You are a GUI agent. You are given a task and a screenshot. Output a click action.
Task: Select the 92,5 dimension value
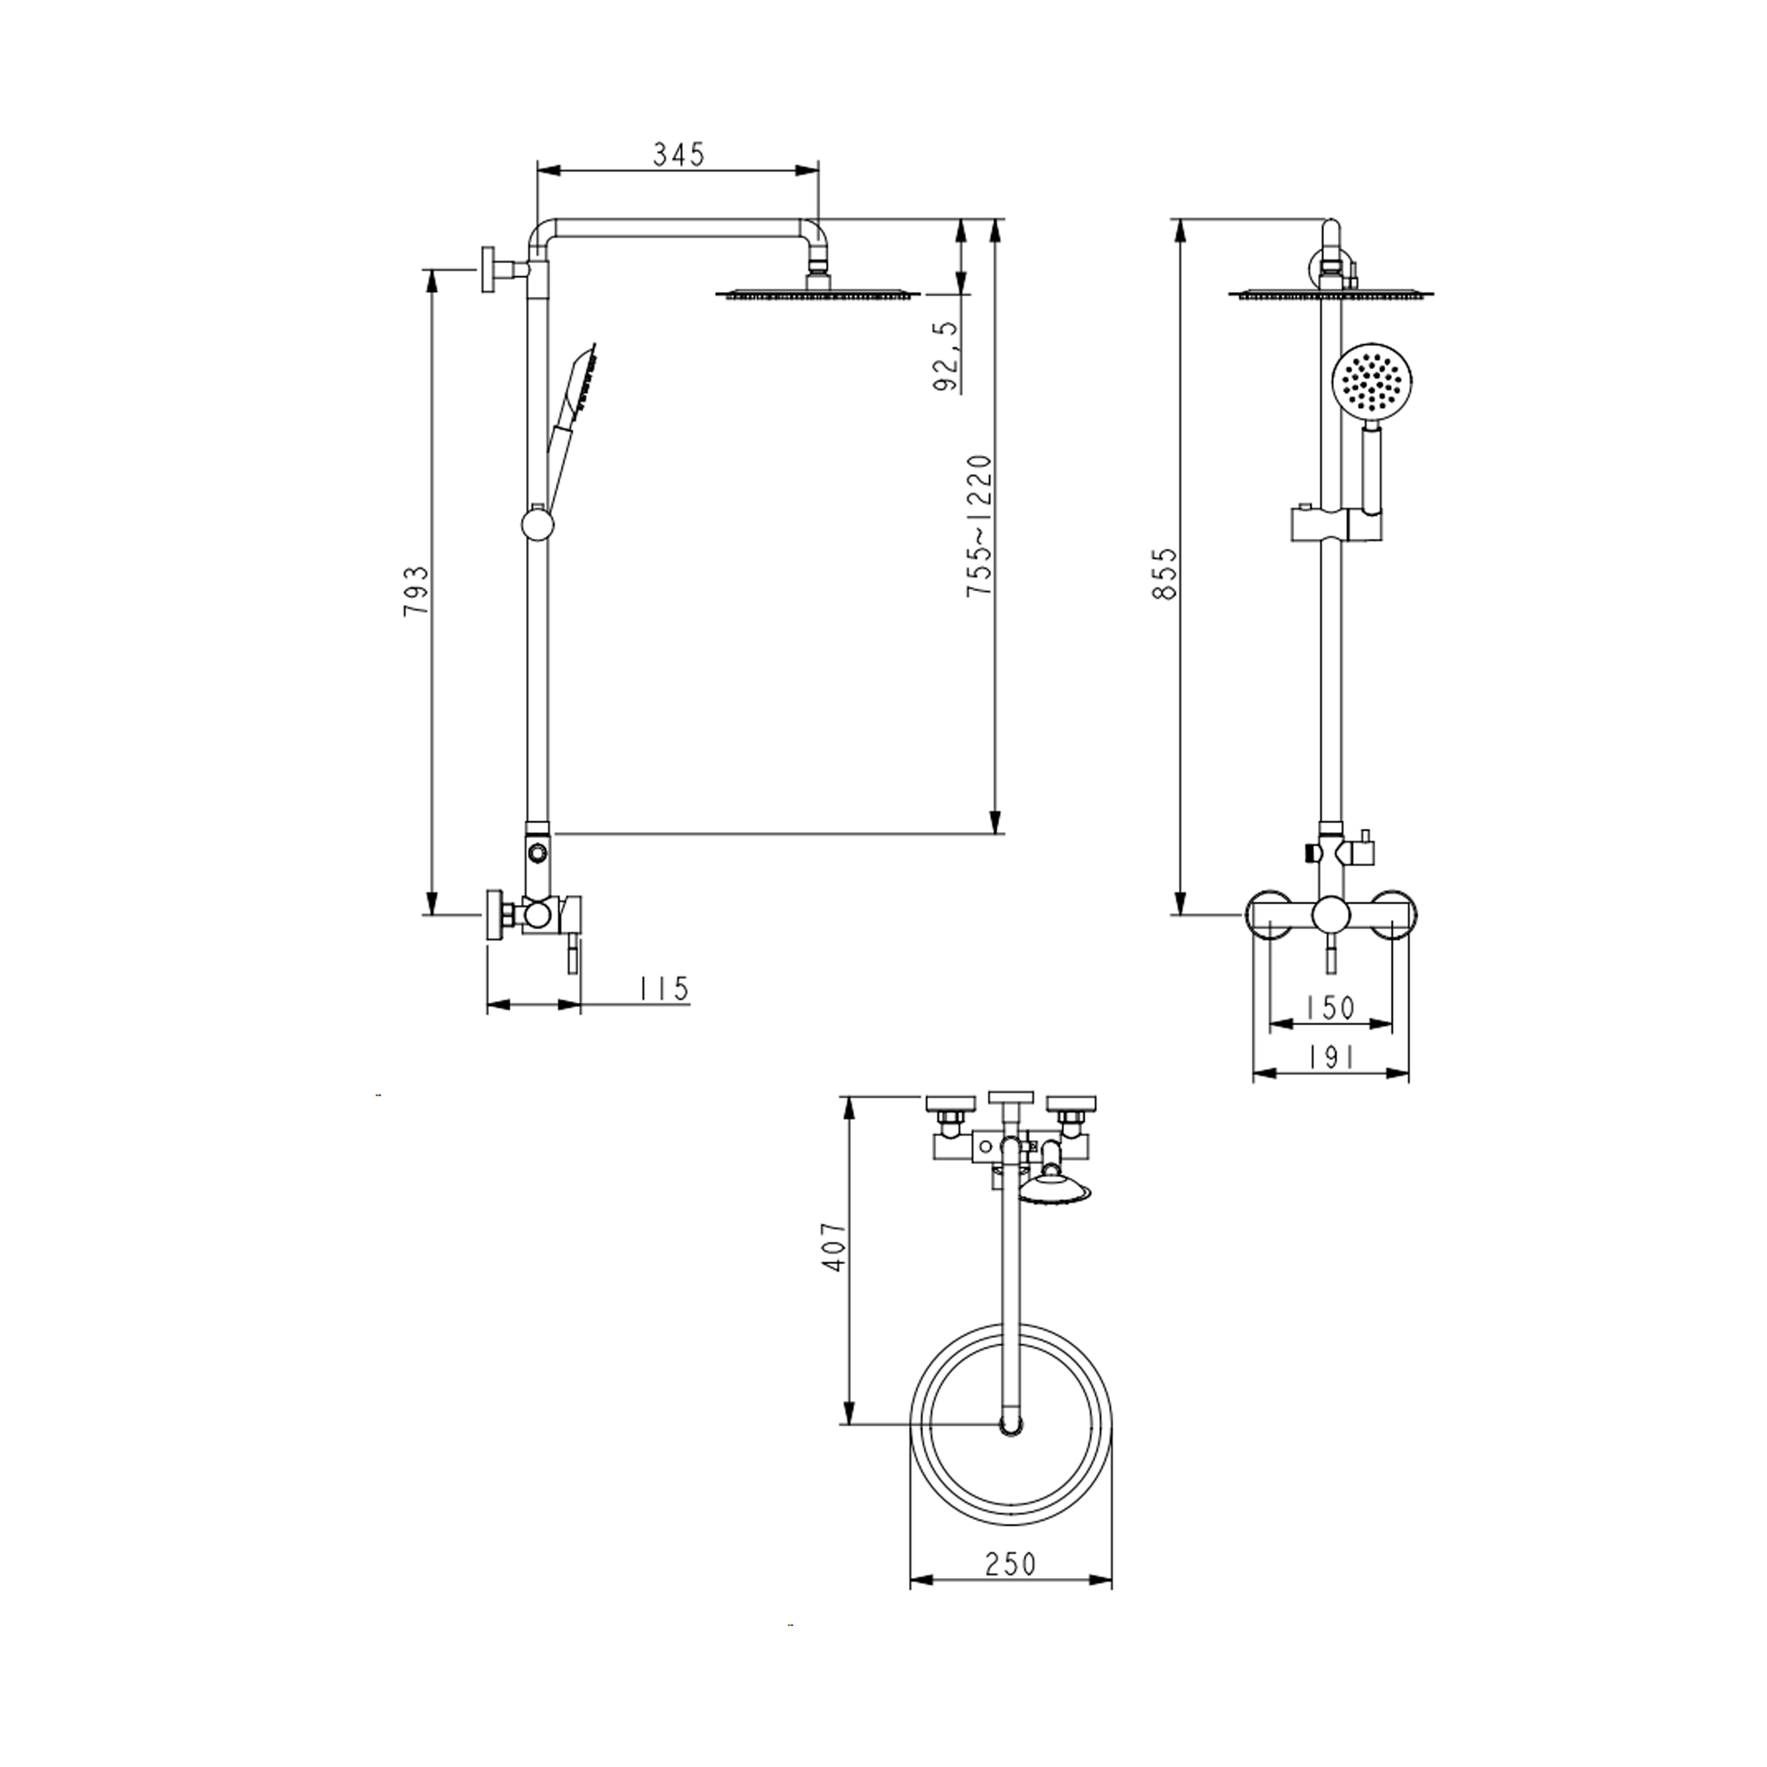tap(947, 357)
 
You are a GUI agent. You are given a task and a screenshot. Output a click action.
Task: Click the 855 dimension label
tap(1165, 573)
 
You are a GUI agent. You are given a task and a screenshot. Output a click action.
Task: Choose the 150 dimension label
tap(1331, 1008)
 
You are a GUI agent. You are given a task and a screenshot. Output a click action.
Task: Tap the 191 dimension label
tap(1331, 1057)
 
